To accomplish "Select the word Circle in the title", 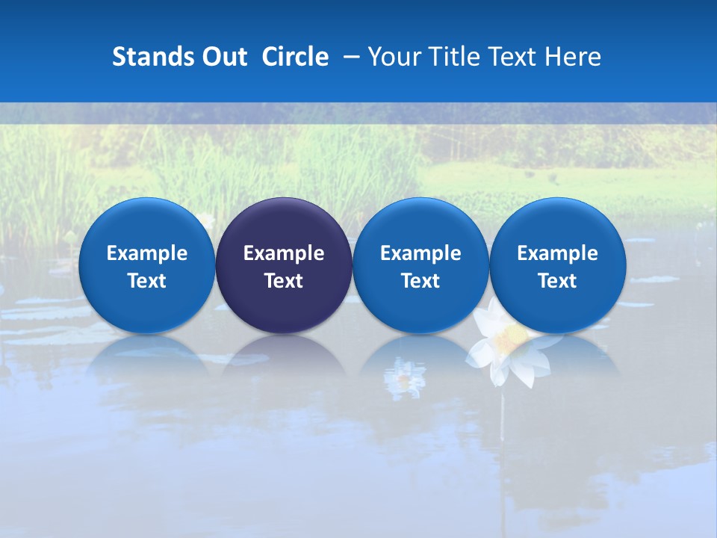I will [295, 57].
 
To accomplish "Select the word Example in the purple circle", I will [284, 253].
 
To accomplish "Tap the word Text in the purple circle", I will [284, 281].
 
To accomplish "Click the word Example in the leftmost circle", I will [146, 253].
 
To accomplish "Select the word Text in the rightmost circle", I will [558, 281].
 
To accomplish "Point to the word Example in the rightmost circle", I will [558, 253].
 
